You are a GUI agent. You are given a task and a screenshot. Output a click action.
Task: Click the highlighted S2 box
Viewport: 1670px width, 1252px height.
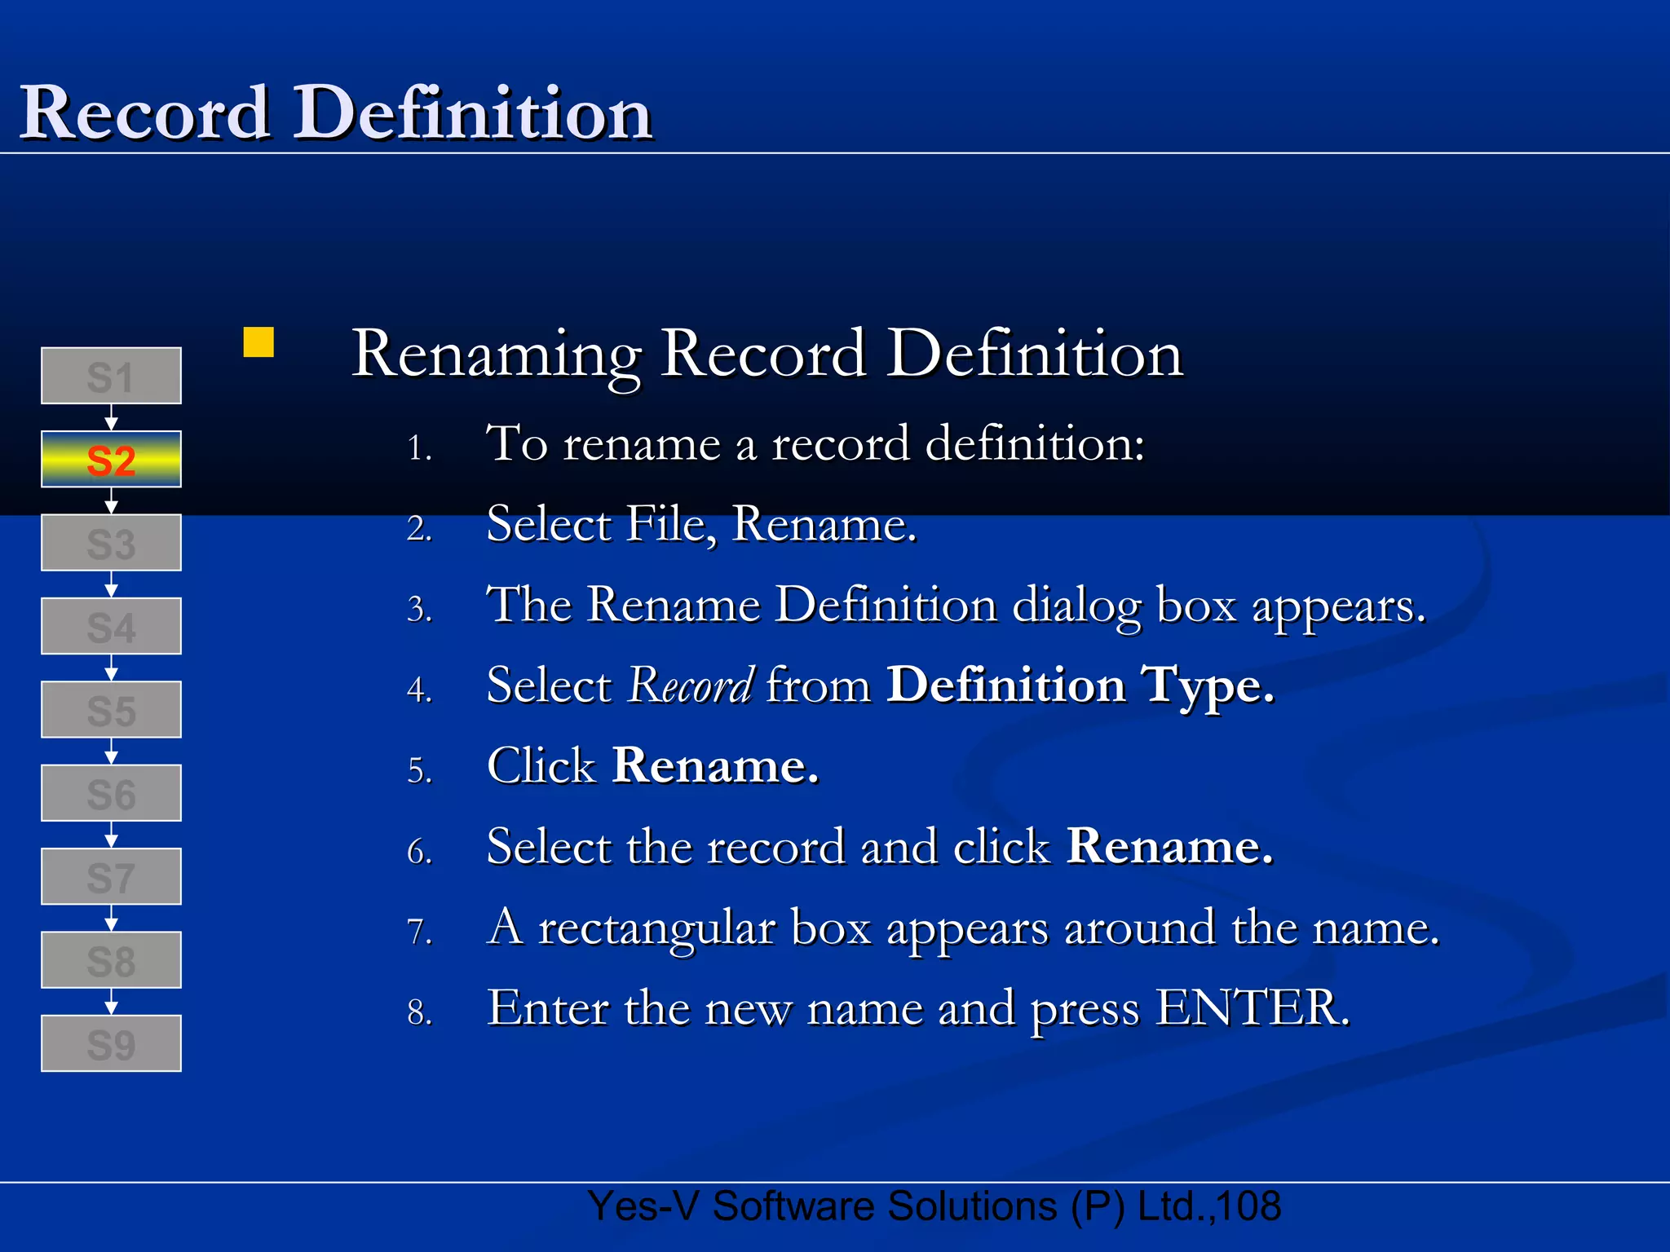(111, 460)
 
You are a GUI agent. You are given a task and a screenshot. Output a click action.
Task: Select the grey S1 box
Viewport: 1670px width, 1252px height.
(111, 376)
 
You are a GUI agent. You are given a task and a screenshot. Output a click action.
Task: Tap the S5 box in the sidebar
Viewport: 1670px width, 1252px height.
(111, 710)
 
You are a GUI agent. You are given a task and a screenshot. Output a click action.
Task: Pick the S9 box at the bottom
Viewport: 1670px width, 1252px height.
(111, 1043)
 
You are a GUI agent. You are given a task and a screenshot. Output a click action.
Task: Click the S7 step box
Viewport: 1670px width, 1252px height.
(111, 877)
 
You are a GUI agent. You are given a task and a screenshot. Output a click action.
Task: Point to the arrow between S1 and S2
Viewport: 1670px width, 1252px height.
(112, 418)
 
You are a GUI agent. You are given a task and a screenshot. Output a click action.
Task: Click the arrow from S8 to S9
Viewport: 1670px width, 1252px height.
(112, 1002)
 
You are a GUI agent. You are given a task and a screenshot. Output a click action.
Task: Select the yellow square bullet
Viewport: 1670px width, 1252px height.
(258, 342)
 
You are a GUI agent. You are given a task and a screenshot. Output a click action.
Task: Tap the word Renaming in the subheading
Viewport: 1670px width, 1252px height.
(496, 355)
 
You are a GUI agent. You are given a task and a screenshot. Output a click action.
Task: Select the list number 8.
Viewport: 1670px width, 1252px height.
(418, 1013)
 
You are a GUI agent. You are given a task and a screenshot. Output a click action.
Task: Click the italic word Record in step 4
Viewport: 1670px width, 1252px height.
(690, 686)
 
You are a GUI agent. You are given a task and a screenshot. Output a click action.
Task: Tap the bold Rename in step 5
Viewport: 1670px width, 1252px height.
(714, 766)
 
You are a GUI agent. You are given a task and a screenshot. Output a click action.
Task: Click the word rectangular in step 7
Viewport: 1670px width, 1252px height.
(656, 929)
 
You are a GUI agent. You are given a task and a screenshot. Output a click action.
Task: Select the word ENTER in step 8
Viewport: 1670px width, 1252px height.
(1252, 1008)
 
